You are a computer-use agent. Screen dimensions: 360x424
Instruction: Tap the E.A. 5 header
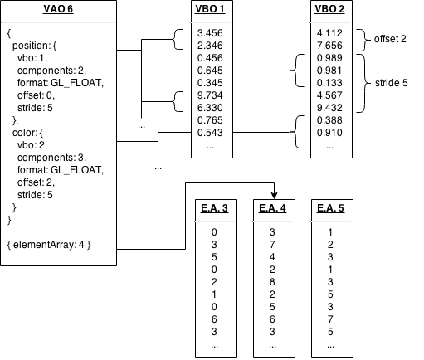pos(331,207)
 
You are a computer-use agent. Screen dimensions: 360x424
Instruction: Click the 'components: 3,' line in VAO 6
pos(51,155)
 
